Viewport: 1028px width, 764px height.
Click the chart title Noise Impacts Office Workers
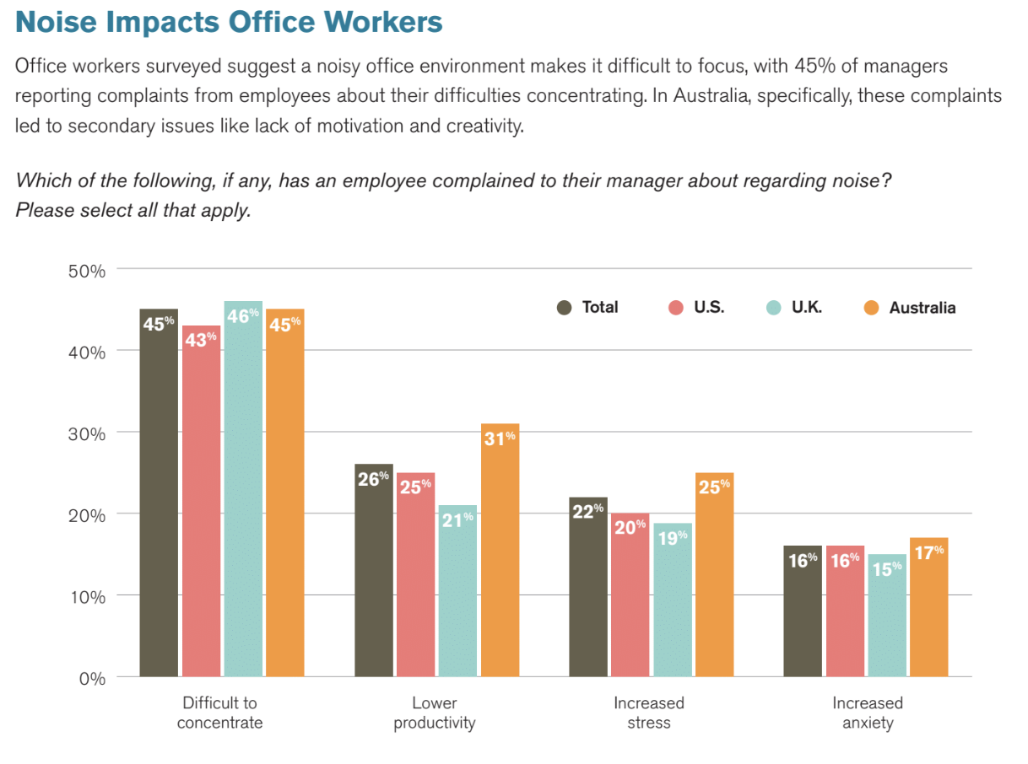pyautogui.click(x=229, y=22)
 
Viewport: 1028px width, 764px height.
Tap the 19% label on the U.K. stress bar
pyautogui.click(x=672, y=536)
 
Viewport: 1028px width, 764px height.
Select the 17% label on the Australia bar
pyautogui.click(x=928, y=551)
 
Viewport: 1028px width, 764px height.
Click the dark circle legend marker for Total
pyautogui.click(x=565, y=308)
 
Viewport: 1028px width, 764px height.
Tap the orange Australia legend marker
pyautogui.click(x=872, y=308)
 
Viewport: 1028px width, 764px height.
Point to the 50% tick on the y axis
pyautogui.click(x=87, y=271)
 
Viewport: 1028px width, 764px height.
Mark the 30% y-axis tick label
pyautogui.click(x=87, y=433)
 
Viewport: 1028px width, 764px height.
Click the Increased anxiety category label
pyautogui.click(x=867, y=713)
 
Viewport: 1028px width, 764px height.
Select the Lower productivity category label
pyautogui.click(x=434, y=713)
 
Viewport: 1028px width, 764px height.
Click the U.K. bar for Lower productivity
pyautogui.click(x=457, y=590)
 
